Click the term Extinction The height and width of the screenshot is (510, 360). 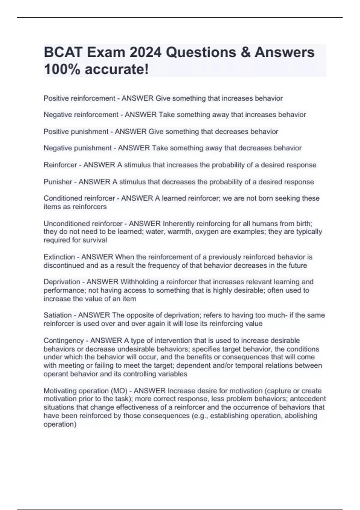point(59,257)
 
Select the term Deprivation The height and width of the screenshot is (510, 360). point(62,282)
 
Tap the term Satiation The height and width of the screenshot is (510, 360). point(58,315)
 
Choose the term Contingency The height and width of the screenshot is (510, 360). point(64,341)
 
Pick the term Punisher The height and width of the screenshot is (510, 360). point(58,182)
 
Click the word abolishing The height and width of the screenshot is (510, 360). point(301,416)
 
